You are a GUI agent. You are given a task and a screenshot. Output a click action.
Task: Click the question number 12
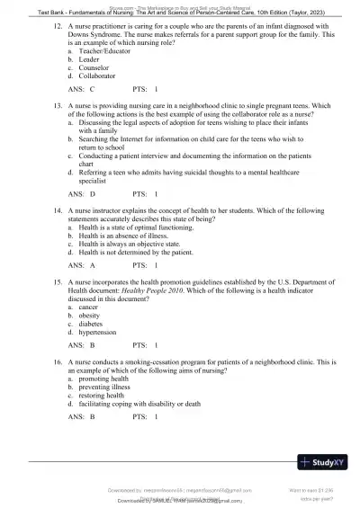tap(58, 29)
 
